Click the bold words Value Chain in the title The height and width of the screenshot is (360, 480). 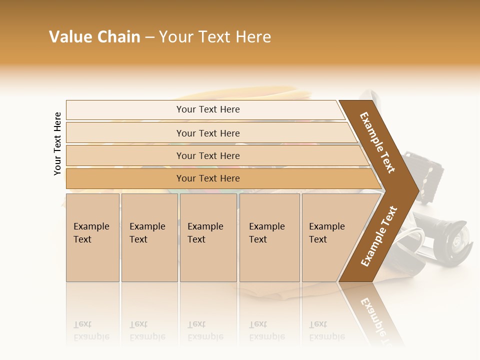tap(94, 37)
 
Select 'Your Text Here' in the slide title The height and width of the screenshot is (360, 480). tap(215, 37)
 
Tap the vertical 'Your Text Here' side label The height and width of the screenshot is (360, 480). tap(57, 143)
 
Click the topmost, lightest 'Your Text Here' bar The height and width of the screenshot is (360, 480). tap(207, 109)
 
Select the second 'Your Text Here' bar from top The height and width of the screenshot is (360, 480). tap(207, 133)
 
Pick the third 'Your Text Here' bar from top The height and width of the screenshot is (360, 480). tap(207, 155)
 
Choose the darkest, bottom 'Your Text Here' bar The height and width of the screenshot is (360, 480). tap(207, 178)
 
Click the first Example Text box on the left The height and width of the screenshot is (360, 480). tap(92, 237)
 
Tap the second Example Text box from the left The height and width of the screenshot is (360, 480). tap(149, 237)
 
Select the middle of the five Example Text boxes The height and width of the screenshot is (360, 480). tap(208, 237)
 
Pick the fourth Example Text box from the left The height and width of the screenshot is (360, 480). tap(269, 237)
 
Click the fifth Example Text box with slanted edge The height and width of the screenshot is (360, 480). tap(330, 237)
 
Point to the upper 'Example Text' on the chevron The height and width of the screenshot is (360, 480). tap(377, 142)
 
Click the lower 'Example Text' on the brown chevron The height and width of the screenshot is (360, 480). tap(379, 236)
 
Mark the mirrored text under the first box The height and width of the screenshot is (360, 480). tap(91, 330)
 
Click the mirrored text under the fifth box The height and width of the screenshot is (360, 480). tap(326, 330)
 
